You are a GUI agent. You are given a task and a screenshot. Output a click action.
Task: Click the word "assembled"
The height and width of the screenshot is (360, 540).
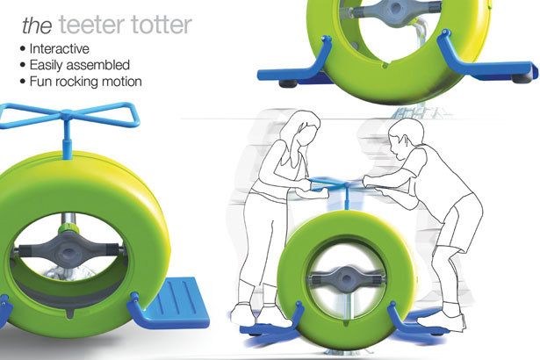point(106,65)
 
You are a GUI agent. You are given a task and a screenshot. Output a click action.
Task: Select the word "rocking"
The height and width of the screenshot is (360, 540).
point(79,82)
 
